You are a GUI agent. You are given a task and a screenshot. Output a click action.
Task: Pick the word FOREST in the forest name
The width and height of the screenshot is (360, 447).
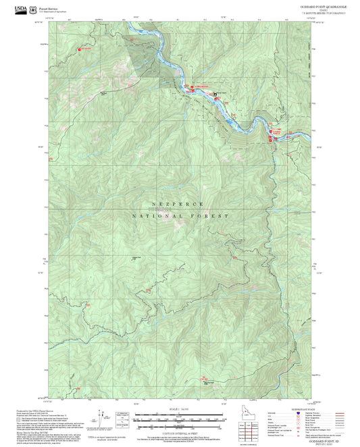click(x=213, y=215)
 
